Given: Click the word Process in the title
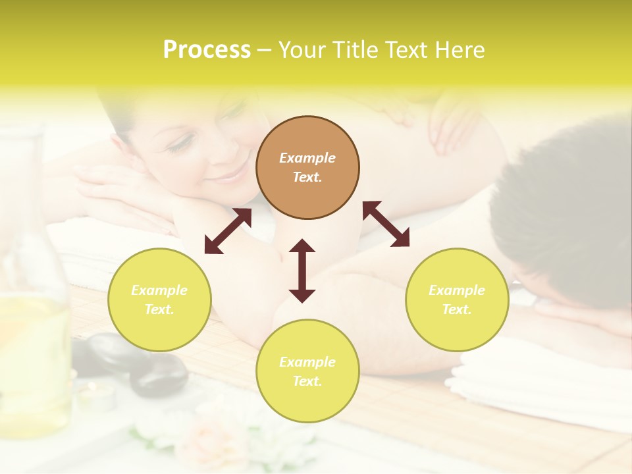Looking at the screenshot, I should click(207, 50).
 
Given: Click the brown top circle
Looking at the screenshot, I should click(307, 168).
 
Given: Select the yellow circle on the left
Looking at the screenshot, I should click(159, 300).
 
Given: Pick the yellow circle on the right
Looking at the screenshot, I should click(457, 300).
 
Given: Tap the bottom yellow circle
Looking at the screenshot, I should click(307, 371).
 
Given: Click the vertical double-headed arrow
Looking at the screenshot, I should click(302, 271).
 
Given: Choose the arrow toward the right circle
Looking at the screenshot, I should click(386, 224).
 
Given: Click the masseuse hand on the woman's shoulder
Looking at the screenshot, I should click(454, 125).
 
